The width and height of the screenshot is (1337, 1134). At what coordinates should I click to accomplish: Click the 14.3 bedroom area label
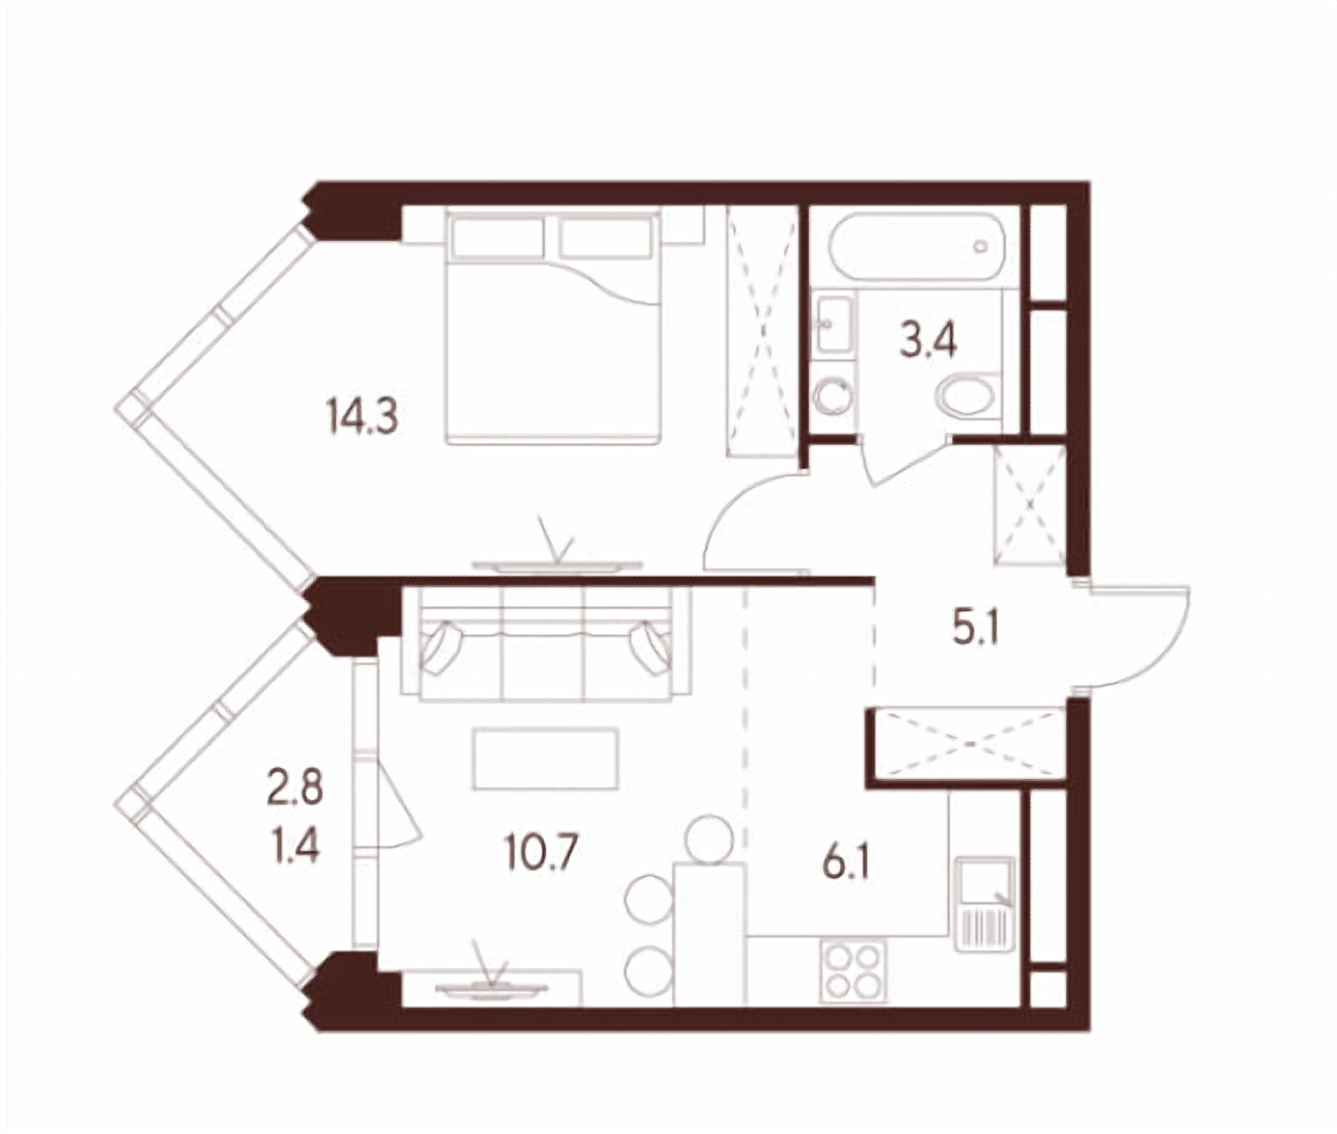click(x=362, y=416)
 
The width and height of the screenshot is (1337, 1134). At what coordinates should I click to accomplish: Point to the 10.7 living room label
click(x=542, y=852)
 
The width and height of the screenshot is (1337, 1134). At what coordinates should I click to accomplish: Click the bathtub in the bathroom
click(x=915, y=247)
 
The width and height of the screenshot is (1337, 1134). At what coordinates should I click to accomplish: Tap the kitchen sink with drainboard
click(x=985, y=904)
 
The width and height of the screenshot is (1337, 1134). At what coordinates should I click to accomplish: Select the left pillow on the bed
click(x=499, y=237)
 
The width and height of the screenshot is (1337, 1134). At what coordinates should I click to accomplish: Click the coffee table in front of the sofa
click(x=546, y=759)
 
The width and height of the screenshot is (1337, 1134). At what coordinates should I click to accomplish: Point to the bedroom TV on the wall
click(x=557, y=564)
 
